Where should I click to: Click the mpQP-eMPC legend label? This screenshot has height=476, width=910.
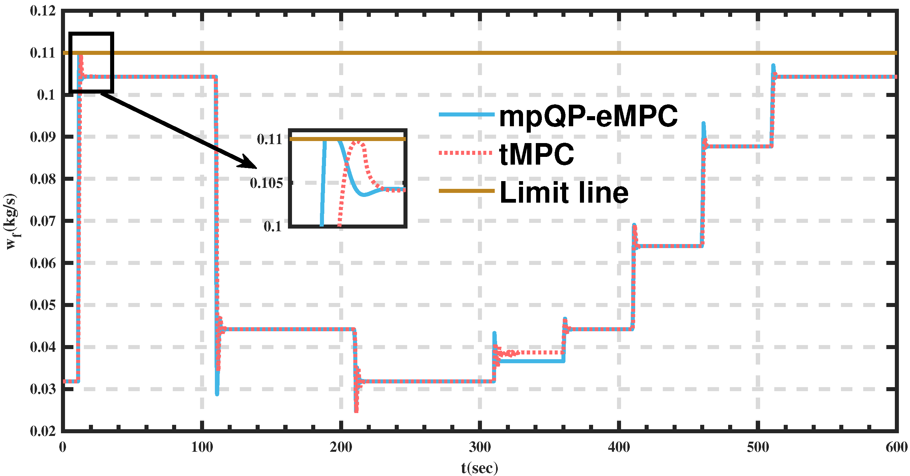point(588,116)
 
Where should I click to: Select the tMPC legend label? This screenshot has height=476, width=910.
point(537,154)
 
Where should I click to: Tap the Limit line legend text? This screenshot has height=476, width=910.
point(564,193)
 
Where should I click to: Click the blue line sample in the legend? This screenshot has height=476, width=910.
point(466,114)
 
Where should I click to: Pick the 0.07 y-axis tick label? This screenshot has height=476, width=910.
point(43,222)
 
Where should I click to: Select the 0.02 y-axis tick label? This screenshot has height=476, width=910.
point(43,431)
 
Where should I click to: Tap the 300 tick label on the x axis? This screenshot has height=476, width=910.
point(480,447)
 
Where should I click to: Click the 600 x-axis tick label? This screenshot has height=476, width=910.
point(897,447)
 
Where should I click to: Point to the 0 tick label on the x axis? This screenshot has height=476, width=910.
point(63,447)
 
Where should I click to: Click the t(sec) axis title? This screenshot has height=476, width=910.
point(479,468)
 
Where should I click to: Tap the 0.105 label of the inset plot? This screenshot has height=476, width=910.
point(266,183)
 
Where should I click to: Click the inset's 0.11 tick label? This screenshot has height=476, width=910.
point(269,139)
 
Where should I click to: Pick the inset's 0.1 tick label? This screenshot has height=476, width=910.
point(272,226)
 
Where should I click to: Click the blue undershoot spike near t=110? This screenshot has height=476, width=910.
point(217,392)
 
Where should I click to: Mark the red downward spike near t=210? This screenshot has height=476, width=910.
point(356,410)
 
